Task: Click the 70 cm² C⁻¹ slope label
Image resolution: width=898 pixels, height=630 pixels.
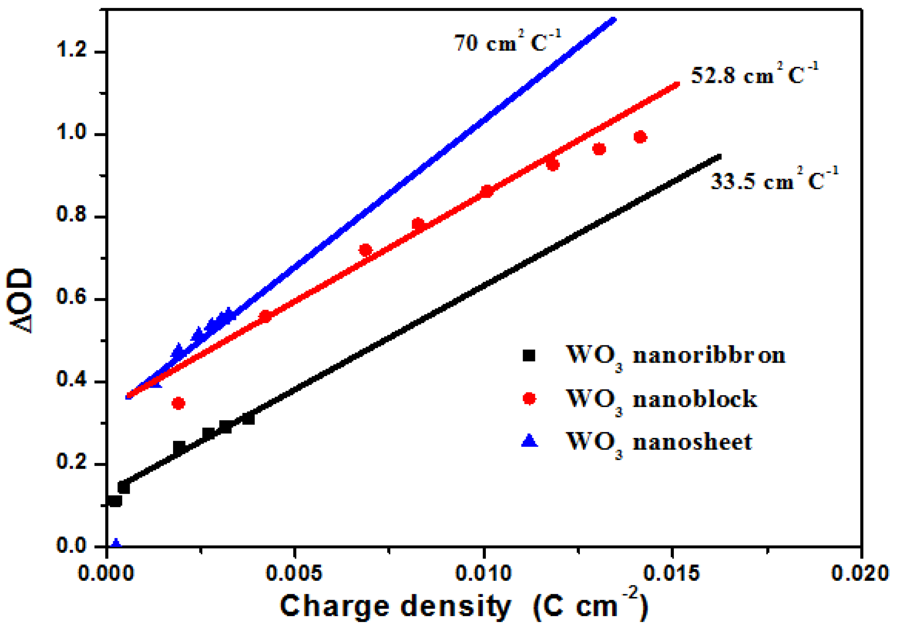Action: tap(507, 42)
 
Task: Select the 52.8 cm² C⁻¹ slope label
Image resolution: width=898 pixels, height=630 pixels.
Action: tap(754, 75)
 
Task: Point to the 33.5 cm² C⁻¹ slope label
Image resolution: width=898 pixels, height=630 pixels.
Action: tap(773, 181)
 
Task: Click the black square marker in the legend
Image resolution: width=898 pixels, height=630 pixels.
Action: tap(529, 355)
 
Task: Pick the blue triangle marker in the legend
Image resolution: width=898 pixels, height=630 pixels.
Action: tap(530, 441)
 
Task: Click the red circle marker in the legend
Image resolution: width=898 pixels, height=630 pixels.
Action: tap(530, 399)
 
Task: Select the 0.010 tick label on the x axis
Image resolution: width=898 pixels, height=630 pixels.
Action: tap(484, 574)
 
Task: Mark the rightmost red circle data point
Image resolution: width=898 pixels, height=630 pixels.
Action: tap(640, 137)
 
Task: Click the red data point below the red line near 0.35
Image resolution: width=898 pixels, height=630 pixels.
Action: tap(178, 403)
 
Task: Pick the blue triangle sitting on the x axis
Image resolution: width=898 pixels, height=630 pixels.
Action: tap(116, 544)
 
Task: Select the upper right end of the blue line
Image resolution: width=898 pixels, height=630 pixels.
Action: tap(613, 20)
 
